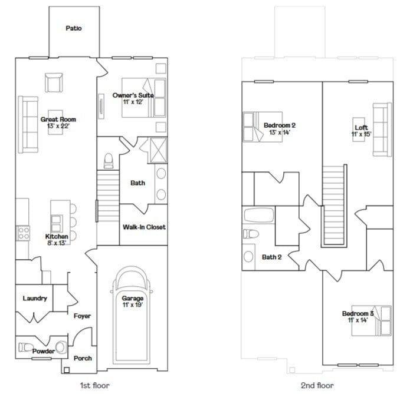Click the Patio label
[x=74, y=28]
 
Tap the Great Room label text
[x=58, y=120]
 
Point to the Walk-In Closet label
[x=144, y=227]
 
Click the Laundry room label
[x=35, y=298]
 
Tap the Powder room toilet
[x=60, y=346]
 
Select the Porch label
[x=83, y=358]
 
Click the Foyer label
[x=82, y=316]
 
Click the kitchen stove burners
[x=24, y=233]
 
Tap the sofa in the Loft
[x=382, y=129]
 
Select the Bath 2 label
[x=271, y=257]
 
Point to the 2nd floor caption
[x=317, y=385]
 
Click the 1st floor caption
[x=95, y=385]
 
